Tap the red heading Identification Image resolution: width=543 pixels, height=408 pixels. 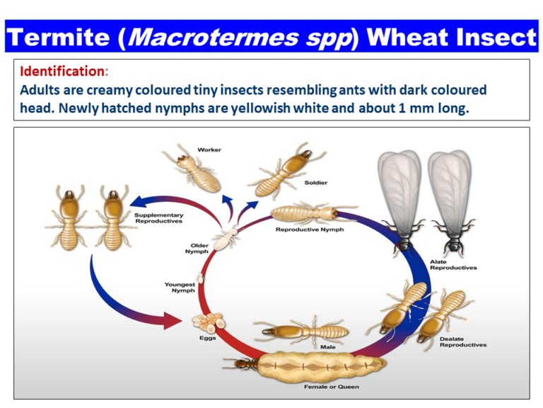tap(62, 72)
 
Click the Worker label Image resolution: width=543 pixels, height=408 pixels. tap(209, 150)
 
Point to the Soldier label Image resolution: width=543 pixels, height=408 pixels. tap(316, 182)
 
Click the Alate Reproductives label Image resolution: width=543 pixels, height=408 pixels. tap(453, 265)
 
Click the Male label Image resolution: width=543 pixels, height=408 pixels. tap(328, 347)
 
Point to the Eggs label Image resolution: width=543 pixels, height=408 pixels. tap(207, 339)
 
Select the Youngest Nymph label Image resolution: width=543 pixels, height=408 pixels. tap(180, 288)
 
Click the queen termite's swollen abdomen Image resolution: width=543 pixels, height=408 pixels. tap(318, 365)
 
